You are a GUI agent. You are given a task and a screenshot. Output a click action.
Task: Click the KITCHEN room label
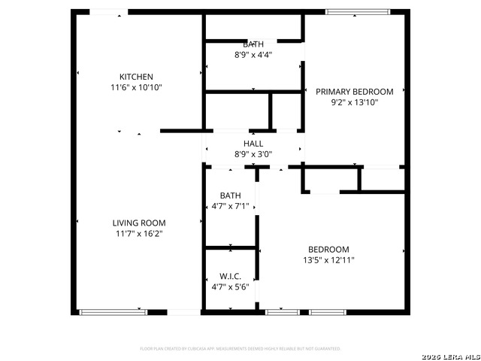coord(136,77)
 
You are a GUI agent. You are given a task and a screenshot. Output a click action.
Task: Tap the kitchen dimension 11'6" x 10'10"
coord(136,87)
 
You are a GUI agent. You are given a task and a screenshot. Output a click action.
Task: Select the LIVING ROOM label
coord(139,223)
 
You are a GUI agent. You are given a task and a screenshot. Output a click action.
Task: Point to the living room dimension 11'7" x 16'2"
coord(139,233)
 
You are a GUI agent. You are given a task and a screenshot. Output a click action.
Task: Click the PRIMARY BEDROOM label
coord(353,91)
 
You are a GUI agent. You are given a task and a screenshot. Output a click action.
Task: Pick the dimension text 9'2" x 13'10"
coord(353,102)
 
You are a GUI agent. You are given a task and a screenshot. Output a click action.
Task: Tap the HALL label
coord(253,144)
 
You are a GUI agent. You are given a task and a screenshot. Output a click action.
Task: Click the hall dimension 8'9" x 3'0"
coord(253,154)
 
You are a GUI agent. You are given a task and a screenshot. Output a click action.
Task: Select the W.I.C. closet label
coord(230,277)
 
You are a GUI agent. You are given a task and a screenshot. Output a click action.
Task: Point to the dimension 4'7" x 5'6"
coord(230,287)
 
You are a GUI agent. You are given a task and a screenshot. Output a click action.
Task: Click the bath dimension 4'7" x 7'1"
coord(230,206)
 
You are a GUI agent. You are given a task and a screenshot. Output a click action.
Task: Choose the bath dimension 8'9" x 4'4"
coord(253,55)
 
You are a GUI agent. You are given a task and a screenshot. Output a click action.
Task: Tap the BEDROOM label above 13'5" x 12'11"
coord(328,250)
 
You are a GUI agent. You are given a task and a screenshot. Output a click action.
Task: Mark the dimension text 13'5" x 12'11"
coord(328,260)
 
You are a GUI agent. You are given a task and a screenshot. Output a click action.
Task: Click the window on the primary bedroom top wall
coord(358,11)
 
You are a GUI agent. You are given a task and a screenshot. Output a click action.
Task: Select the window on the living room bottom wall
coord(113,311)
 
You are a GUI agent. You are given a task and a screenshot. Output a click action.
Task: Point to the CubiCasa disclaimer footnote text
coord(240,349)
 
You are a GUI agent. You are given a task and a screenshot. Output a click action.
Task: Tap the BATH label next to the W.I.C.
coord(230,196)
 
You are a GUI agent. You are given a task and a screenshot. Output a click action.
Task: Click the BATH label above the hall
coord(253,44)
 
